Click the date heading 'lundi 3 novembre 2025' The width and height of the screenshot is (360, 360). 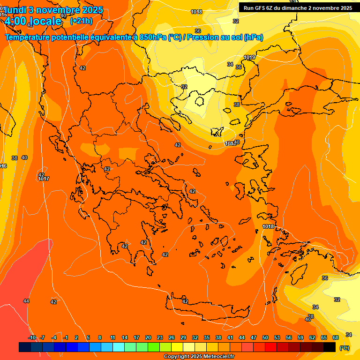pyautogui.click(x=53, y=10)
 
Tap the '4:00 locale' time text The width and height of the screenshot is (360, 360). pyautogui.click(x=33, y=21)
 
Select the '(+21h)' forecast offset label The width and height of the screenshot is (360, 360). pyautogui.click(x=81, y=21)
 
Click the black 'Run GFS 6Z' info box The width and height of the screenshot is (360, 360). pyautogui.click(x=298, y=8)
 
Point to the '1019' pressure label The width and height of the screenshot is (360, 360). pyautogui.click(x=249, y=57)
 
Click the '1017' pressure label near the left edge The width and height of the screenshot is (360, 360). pyautogui.click(x=44, y=179)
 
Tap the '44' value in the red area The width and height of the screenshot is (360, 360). pyautogui.click(x=26, y=301)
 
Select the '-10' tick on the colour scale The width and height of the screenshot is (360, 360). pyautogui.click(x=32, y=337)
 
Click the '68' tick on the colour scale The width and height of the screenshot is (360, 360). pyautogui.click(x=336, y=337)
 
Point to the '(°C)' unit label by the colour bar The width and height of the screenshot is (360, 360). pyautogui.click(x=344, y=347)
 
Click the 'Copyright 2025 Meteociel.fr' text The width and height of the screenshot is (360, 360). pyautogui.click(x=199, y=356)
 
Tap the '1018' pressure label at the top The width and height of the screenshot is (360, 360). pyautogui.click(x=197, y=12)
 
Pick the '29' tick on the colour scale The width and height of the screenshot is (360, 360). pyautogui.click(x=183, y=337)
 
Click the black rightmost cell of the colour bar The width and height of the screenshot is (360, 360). pyautogui.click(x=330, y=347)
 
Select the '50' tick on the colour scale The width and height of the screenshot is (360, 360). pyautogui.click(x=265, y=337)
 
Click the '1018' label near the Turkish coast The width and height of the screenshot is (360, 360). pyautogui.click(x=268, y=226)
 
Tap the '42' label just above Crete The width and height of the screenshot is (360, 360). pyautogui.click(x=185, y=301)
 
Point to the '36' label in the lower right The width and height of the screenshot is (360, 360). pyautogui.click(x=324, y=278)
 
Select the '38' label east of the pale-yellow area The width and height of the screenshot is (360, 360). pyautogui.click(x=237, y=105)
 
